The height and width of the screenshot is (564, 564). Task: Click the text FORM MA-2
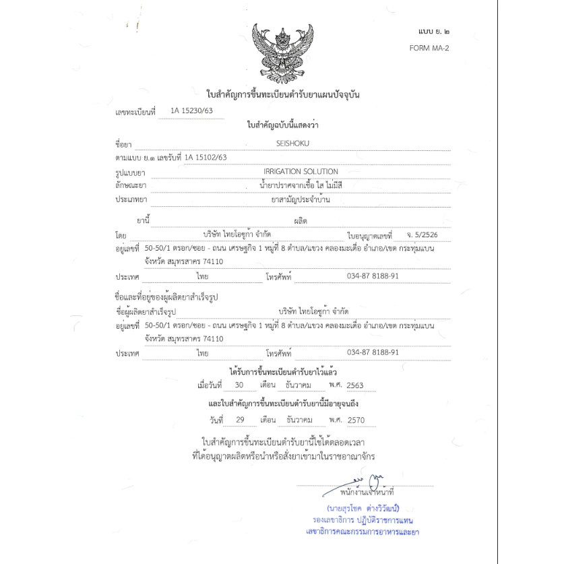429,49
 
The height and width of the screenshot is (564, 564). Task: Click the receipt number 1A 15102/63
206,157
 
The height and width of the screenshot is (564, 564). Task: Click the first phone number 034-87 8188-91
373,276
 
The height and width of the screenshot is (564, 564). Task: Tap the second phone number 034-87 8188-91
373,352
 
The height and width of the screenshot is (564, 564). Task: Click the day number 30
239,385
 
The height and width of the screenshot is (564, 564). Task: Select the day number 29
239,420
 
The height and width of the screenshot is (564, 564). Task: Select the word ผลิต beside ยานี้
301,221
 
